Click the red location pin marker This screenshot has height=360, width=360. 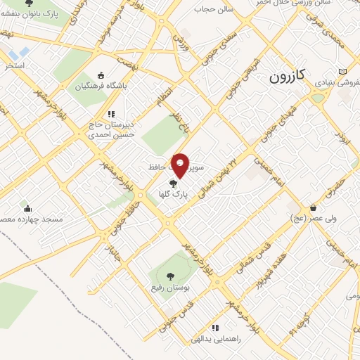click(181, 164)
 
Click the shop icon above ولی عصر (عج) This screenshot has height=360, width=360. click(313, 207)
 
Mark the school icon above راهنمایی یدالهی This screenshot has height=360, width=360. click(215, 328)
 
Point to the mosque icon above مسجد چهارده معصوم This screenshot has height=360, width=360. click(28, 208)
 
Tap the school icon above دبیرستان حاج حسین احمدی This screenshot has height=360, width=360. click(111, 113)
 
